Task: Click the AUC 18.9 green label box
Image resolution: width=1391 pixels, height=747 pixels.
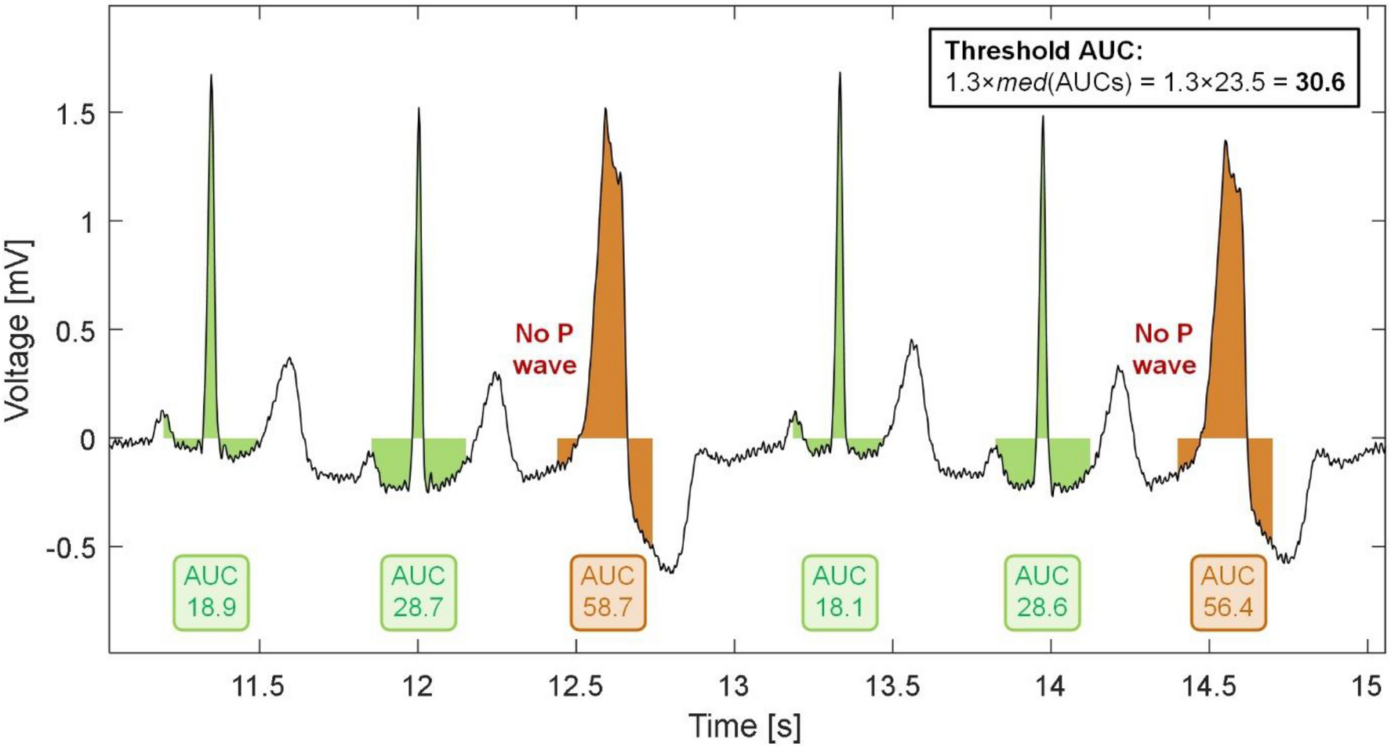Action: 211,593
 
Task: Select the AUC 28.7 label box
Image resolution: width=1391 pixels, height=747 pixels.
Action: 418,593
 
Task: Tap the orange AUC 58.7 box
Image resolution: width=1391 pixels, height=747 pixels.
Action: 608,593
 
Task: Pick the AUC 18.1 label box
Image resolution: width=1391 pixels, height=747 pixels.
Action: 839,593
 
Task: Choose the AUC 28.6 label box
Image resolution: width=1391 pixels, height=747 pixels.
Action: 1042,593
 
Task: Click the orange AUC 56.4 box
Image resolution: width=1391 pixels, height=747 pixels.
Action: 1228,593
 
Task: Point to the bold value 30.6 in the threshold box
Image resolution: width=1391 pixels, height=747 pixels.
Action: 1320,82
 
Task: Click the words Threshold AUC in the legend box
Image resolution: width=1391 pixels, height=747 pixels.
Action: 1044,50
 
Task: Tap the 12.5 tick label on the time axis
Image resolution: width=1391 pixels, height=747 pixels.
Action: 576,687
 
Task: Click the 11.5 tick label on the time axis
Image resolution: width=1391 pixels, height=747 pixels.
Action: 259,687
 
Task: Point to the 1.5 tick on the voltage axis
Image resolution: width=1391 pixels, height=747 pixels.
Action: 75,114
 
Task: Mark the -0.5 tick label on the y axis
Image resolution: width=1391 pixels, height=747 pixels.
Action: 70,547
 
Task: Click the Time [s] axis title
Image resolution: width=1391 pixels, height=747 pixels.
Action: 745,726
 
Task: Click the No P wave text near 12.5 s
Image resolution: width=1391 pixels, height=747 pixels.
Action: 544,350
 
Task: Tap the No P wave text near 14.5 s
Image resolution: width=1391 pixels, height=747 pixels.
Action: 1164,350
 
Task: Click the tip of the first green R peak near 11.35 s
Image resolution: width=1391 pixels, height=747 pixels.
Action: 211,76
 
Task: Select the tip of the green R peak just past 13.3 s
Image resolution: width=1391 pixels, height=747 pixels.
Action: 840,74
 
